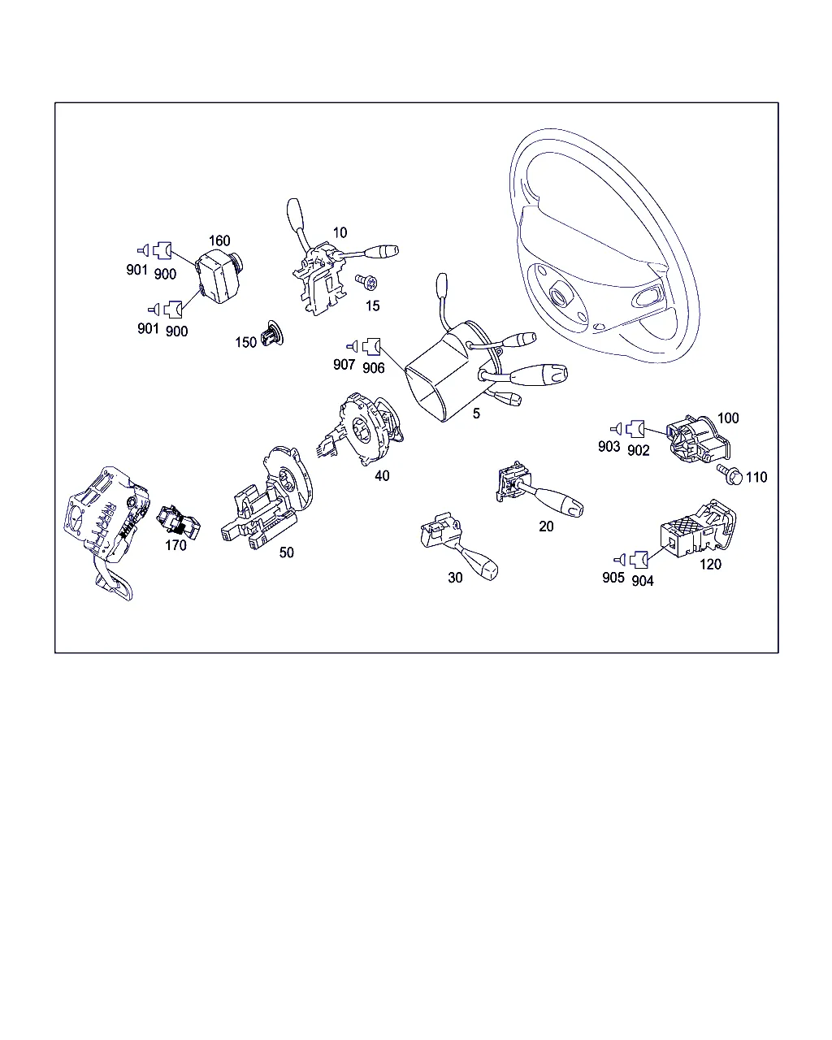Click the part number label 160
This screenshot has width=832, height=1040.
(219, 240)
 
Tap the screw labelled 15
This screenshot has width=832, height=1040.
(366, 282)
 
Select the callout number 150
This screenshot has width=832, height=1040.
(245, 343)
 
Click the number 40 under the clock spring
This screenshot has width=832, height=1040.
(382, 476)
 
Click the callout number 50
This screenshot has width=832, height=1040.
(286, 552)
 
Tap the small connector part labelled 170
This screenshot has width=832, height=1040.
(178, 522)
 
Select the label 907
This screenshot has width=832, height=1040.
(344, 364)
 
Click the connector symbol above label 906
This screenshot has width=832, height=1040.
(371, 346)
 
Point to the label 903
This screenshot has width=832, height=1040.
(609, 447)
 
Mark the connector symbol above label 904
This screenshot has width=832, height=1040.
(639, 559)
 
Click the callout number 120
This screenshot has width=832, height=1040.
(710, 564)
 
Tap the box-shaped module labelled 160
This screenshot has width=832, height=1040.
(219, 277)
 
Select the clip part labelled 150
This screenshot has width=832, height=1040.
(271, 333)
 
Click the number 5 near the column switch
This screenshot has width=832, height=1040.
(476, 414)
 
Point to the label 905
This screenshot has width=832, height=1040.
(613, 578)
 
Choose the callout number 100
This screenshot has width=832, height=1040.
(727, 418)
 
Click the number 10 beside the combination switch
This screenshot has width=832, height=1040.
(340, 233)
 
